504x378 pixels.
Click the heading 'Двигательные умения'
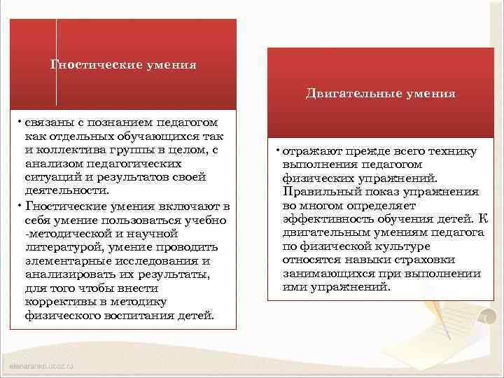(380, 93)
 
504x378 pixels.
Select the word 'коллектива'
(70, 149)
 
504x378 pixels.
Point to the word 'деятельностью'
(66, 190)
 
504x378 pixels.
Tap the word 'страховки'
(441, 260)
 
